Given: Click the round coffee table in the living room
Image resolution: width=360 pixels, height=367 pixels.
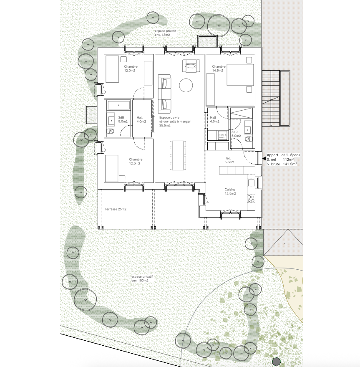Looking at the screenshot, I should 186,86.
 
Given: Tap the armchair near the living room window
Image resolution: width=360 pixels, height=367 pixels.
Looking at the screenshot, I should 190,65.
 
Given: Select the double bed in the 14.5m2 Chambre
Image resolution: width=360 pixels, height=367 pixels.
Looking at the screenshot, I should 240,75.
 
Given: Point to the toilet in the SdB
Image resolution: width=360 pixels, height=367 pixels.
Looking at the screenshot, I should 111,132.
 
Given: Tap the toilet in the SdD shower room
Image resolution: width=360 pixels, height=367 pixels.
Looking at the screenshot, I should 248,139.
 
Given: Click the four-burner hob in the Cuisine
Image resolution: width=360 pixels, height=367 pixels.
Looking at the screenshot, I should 251,198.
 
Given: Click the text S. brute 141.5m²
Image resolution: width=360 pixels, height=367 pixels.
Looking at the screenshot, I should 282,165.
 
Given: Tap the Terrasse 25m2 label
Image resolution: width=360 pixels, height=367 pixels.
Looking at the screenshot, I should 116,208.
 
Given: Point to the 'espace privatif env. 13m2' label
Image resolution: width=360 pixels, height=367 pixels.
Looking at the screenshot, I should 162,33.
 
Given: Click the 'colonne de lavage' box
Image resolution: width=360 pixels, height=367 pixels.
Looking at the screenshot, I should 222,136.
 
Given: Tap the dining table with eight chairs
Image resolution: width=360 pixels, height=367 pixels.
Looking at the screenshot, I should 177,155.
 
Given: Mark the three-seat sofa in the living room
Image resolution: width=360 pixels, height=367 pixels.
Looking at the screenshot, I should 164,93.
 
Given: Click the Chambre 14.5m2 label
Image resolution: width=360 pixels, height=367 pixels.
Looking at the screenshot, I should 219,68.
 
